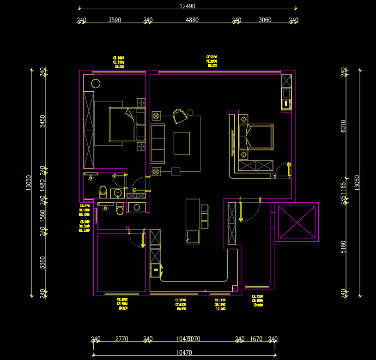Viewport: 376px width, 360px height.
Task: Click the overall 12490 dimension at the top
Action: click(188, 6)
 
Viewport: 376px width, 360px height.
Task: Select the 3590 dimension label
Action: click(115, 20)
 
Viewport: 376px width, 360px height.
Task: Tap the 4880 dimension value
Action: click(192, 20)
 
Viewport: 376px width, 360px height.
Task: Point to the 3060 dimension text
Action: click(265, 20)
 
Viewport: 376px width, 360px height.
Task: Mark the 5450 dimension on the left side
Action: click(42, 121)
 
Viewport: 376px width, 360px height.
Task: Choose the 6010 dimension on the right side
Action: click(343, 126)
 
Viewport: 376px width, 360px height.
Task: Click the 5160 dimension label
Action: click(343, 247)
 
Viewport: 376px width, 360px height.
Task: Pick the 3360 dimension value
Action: click(42, 262)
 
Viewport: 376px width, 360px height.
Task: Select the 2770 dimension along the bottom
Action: click(121, 339)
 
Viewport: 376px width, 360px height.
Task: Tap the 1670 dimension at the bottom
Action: click(256, 339)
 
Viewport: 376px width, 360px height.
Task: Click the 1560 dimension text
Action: click(42, 215)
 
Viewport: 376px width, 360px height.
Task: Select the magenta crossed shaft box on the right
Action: click(297, 222)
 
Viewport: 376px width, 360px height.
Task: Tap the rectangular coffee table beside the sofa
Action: click(182, 143)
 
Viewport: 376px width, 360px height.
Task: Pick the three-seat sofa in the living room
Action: click(158, 143)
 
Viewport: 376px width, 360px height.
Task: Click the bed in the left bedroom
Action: click(124, 124)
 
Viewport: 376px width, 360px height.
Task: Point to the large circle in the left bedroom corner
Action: click(96, 84)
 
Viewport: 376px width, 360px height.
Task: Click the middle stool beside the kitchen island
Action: click(204, 216)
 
